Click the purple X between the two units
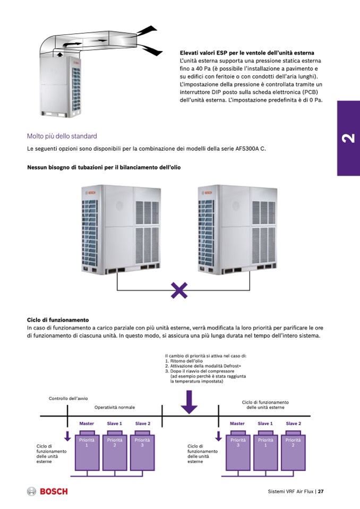coord(179,290)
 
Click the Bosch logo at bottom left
coord(47,491)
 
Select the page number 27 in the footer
coord(321,491)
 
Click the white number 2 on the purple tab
coord(348,139)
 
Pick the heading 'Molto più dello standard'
coord(62,136)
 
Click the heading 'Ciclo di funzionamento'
coord(57,320)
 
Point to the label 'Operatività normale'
coord(115,407)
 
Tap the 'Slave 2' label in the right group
coord(293,424)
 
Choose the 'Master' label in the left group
coord(87,424)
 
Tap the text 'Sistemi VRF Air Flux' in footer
coord(290,491)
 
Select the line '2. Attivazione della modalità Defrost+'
coord(203,366)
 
